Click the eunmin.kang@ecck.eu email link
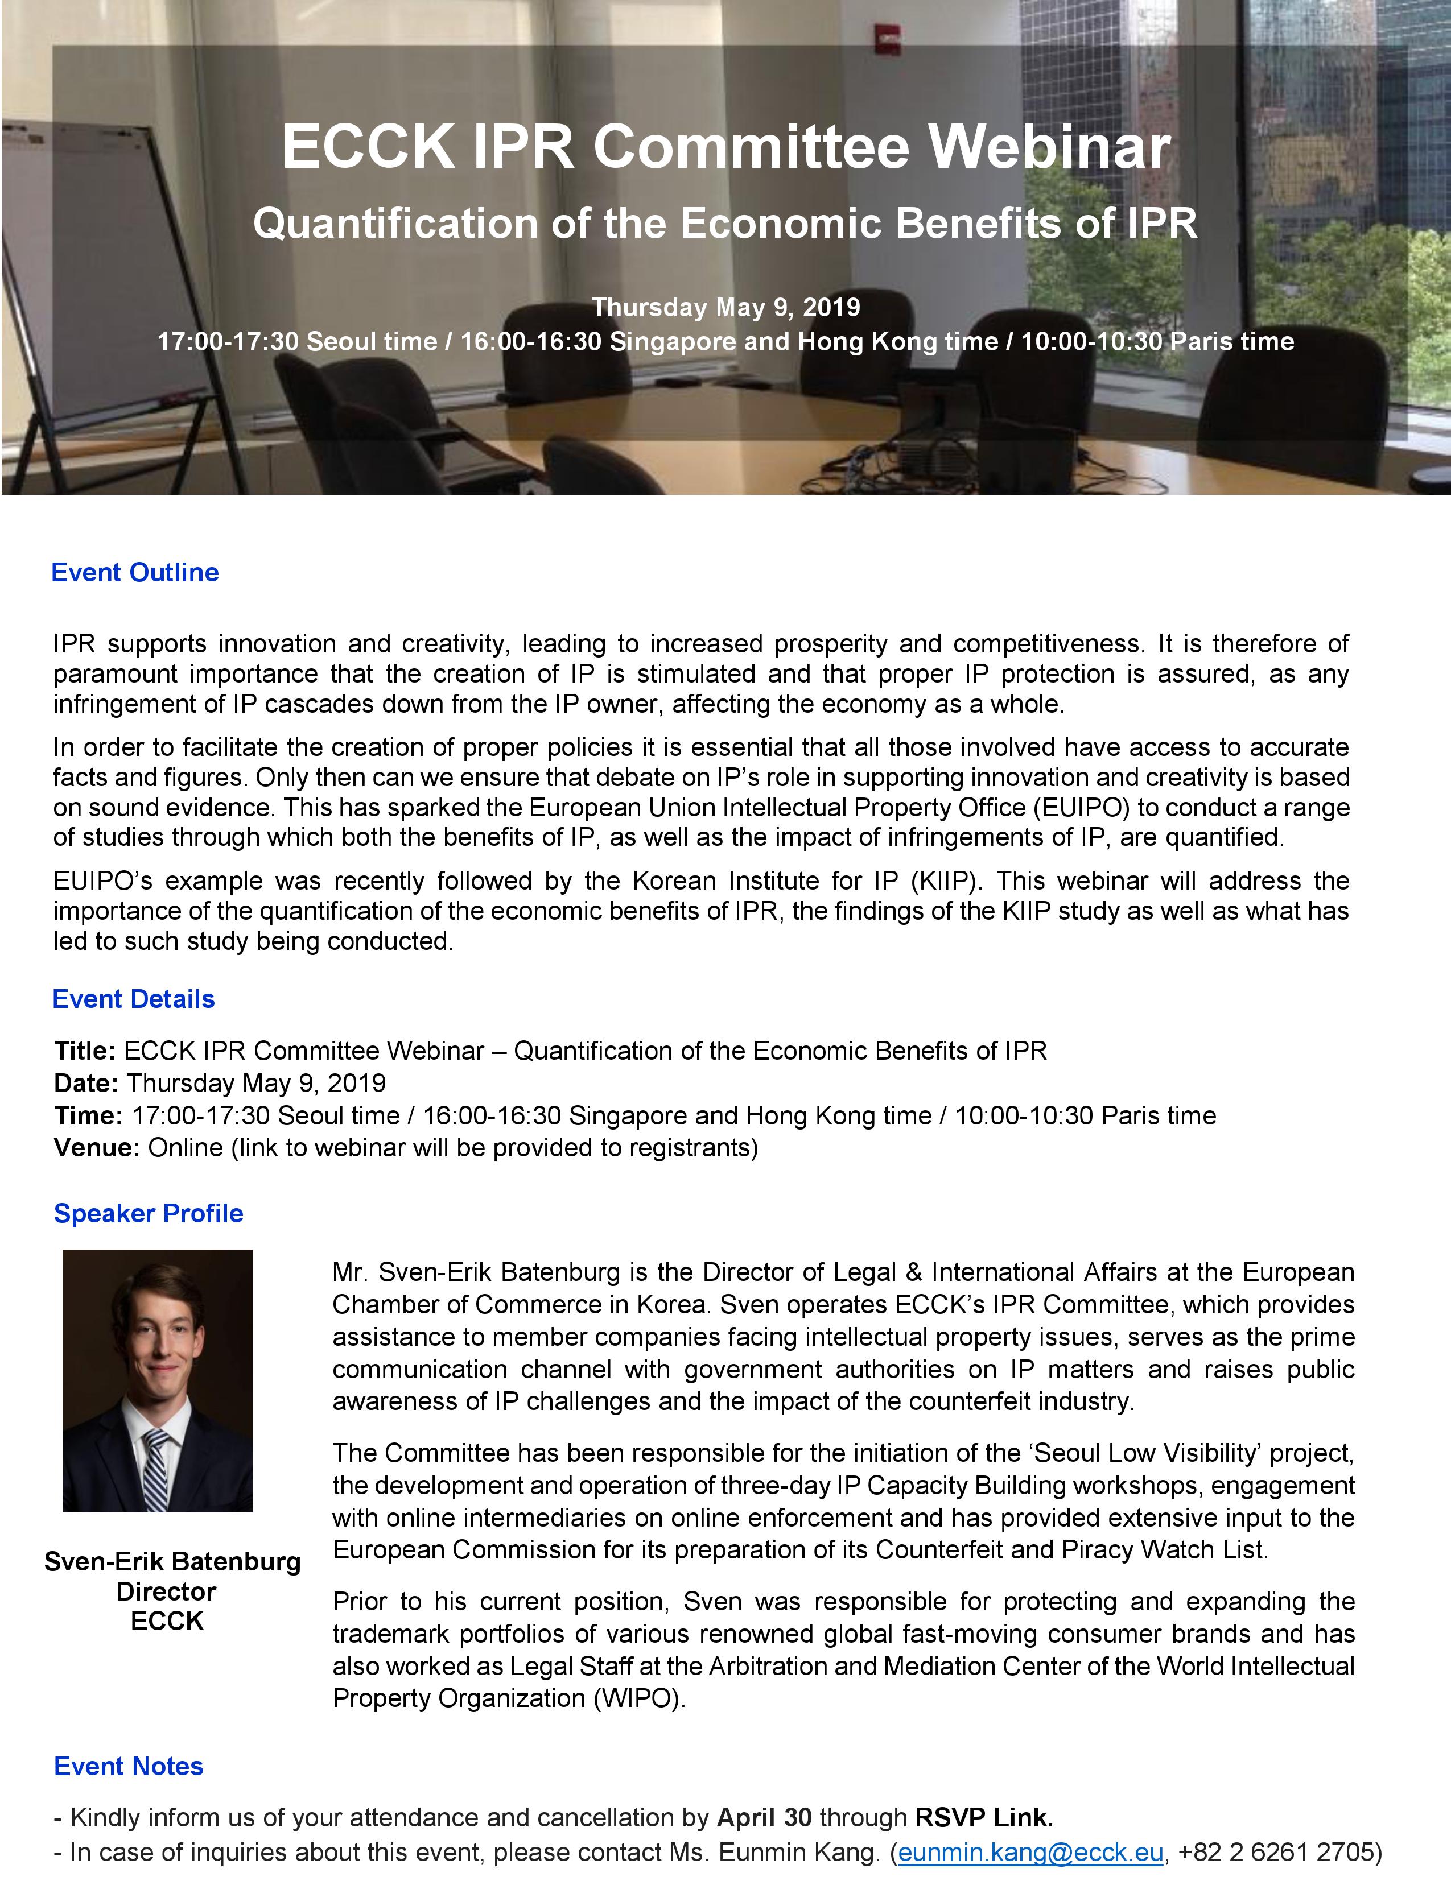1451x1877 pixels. click(x=1030, y=1851)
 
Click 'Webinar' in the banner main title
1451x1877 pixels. click(x=1050, y=146)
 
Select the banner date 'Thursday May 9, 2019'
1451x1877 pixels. click(x=725, y=307)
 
